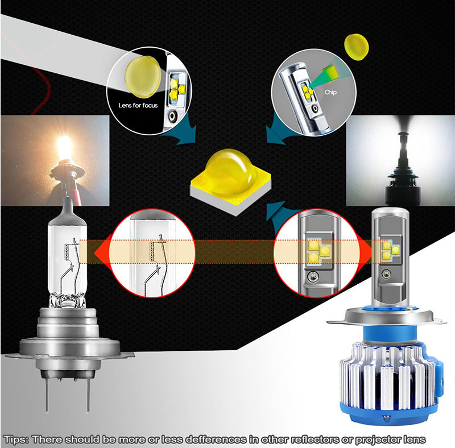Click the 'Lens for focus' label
coord(138,105)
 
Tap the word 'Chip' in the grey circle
coord(330,92)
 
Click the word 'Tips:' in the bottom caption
coord(16,439)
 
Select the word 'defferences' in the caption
coord(216,439)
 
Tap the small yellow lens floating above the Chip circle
coord(357,47)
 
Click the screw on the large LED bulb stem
coord(386,273)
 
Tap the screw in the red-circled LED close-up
coord(312,276)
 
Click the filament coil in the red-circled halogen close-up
coord(153,251)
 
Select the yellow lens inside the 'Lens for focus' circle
coord(143,77)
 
